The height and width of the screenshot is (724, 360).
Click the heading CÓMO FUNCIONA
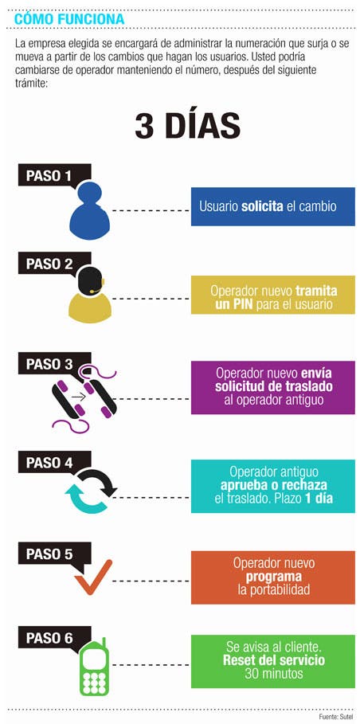tap(69, 19)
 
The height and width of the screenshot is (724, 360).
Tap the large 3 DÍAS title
tap(188, 126)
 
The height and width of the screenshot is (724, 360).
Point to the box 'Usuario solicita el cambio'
tap(272, 206)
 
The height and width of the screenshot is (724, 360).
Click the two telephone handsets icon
tap(84, 398)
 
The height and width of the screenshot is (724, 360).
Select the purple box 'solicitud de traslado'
tap(272, 387)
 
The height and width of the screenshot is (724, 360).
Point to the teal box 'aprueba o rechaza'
tap(272, 486)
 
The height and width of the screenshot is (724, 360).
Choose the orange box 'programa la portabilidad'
tap(272, 577)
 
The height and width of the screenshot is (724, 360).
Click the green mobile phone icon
tap(95, 667)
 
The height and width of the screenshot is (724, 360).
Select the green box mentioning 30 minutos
tap(272, 661)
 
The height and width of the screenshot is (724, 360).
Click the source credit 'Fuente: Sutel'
tap(335, 716)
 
